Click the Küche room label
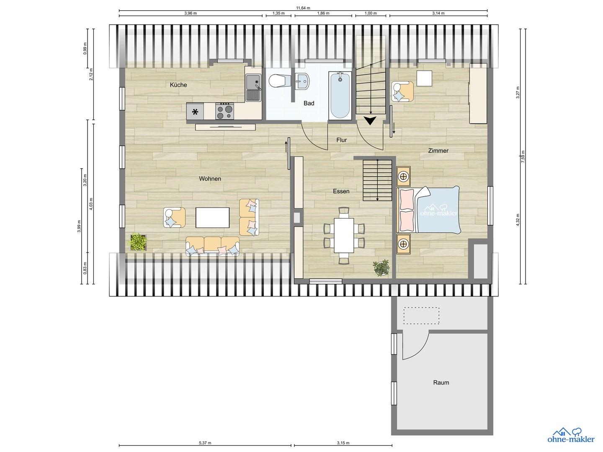tap(178, 85)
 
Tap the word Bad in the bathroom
tap(309, 103)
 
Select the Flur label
tap(341, 140)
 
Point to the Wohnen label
tap(210, 179)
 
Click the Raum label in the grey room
tap(441, 382)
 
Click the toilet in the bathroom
tap(278, 81)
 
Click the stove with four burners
tap(224, 111)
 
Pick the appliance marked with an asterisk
tap(195, 111)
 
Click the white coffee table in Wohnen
tap(212, 218)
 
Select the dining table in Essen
tap(344, 235)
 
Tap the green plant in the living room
tap(138, 241)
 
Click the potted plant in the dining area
tap(381, 267)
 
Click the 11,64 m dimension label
tap(303, 8)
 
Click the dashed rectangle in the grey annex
tap(421, 316)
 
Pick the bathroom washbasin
tap(303, 81)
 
